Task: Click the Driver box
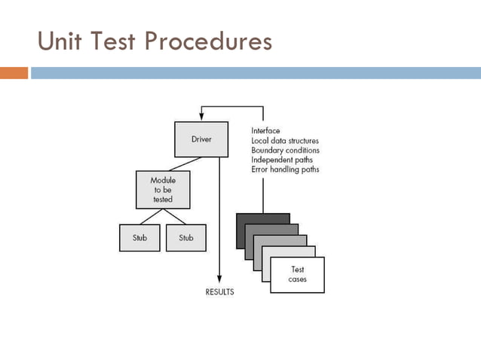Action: click(x=201, y=140)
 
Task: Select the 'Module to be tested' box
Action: click(x=162, y=190)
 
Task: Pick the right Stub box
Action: click(x=186, y=238)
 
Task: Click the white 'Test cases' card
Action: click(x=297, y=275)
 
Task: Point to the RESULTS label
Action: click(x=220, y=291)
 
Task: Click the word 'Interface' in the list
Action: click(x=266, y=130)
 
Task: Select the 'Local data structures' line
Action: click(x=285, y=140)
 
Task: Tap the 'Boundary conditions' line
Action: click(x=285, y=150)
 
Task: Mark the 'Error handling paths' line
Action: click(x=285, y=169)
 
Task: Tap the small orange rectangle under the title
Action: click(x=14, y=73)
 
